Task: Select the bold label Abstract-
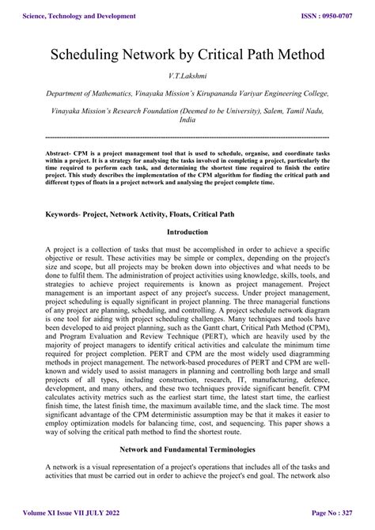point(62,153)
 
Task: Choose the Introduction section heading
point(187,233)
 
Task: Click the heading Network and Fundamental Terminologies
point(187,449)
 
